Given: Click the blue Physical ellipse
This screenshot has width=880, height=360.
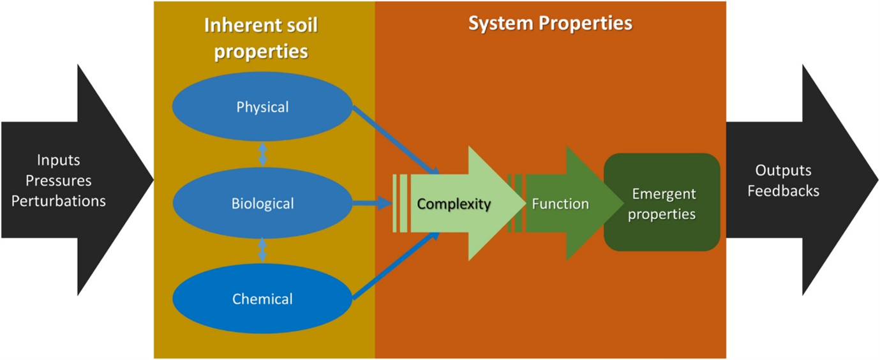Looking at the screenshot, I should coord(262,107).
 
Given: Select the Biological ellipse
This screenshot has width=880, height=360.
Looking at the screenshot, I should coord(262,204).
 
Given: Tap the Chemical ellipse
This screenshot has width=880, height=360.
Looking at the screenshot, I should coord(262,299).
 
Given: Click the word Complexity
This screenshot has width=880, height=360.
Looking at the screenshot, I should coord(454,204).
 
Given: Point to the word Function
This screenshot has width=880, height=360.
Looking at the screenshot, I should coord(560,204).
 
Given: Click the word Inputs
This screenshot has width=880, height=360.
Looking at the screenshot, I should coord(58,160).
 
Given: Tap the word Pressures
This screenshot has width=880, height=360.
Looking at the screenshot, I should coord(58,181).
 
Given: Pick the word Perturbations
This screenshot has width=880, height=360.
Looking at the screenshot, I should coord(58,201).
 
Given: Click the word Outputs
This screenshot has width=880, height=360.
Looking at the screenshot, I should coord(783,170).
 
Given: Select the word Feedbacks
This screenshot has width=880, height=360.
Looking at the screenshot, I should coord(783,191).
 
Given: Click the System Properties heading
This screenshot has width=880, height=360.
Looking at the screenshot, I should coord(550,24).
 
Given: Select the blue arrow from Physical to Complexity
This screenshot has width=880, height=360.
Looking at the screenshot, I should coord(396,142).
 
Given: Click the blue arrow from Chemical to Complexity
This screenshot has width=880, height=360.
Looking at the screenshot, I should coord(396,266).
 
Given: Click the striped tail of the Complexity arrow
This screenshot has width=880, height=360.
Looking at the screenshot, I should coord(400,204).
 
